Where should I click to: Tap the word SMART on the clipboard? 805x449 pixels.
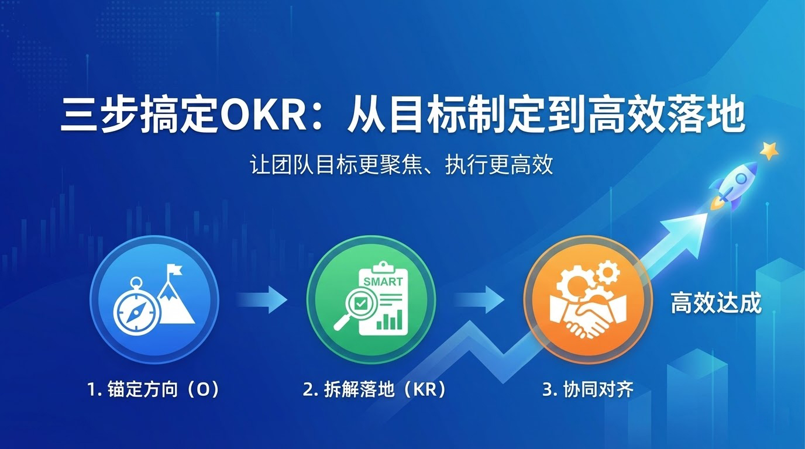pyautogui.click(x=383, y=281)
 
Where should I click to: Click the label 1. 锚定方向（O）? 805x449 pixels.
pyautogui.click(x=153, y=390)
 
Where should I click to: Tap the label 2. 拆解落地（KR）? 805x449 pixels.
pyautogui.click(x=374, y=390)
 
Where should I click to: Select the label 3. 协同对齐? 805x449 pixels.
pyautogui.click(x=588, y=390)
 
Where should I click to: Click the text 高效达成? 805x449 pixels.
pyautogui.click(x=716, y=303)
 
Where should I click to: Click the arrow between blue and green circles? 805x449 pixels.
pyautogui.click(x=263, y=300)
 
